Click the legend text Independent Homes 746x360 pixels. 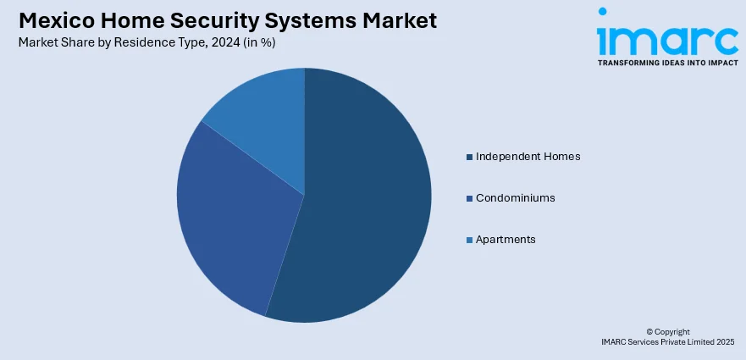[x=528, y=157]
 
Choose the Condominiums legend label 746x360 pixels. [x=515, y=198]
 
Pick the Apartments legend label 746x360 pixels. [x=506, y=240]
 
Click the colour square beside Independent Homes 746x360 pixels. [x=469, y=157]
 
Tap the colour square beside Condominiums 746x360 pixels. [x=469, y=198]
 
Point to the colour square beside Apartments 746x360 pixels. [x=469, y=240]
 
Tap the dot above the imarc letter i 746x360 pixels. [x=603, y=13]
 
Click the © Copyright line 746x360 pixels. [x=668, y=331]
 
